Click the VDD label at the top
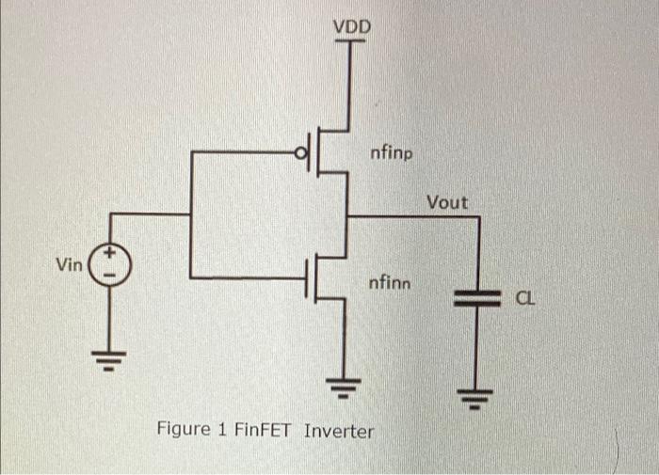352,27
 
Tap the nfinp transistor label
391,152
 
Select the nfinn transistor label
390,281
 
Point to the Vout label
446,202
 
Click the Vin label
70,265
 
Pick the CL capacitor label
524,299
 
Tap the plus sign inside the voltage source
110,254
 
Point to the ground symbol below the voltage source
110,359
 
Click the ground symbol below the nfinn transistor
347,384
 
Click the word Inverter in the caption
339,432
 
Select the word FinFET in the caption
265,432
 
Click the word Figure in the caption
184,431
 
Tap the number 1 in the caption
223,431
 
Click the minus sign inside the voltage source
110,276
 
